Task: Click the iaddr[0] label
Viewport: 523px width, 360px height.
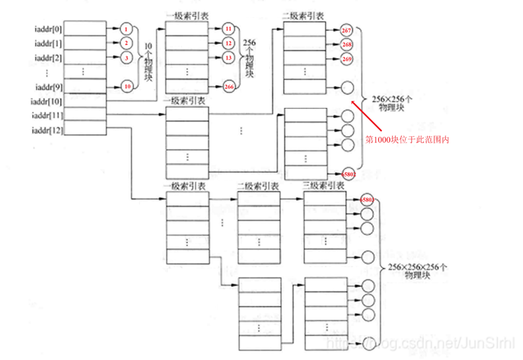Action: tap(46, 29)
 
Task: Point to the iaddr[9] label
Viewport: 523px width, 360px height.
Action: tap(46, 87)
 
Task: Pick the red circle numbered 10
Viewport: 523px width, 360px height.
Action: tap(126, 87)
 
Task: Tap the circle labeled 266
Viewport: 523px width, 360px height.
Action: tap(229, 87)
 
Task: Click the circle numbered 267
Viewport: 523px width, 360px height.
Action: tap(347, 30)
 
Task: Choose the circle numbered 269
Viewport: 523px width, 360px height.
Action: tap(347, 59)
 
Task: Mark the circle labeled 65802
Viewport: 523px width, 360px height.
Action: tap(348, 173)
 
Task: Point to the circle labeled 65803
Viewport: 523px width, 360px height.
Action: tap(366, 200)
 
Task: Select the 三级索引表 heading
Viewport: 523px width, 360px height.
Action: tap(323, 186)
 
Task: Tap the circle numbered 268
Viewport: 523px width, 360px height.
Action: tap(347, 45)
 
